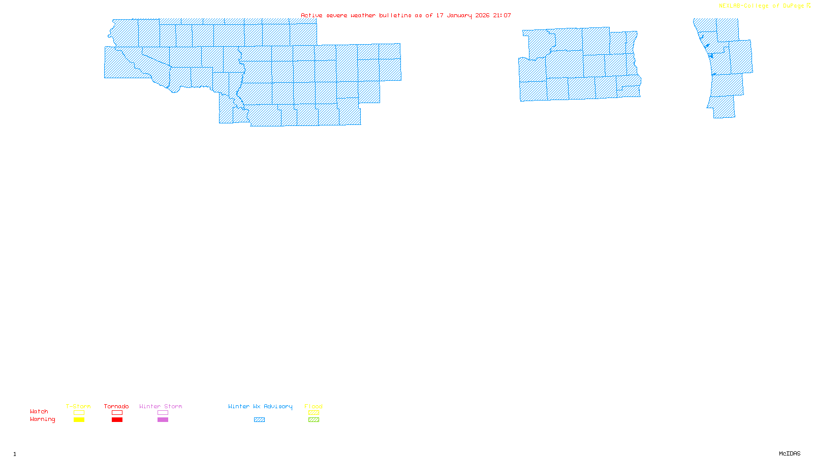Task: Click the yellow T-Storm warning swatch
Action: click(x=79, y=420)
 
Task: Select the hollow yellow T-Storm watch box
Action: click(x=79, y=413)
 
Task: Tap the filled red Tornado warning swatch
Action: click(x=117, y=420)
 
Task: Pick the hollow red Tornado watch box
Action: click(x=117, y=413)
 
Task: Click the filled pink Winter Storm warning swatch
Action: click(x=163, y=420)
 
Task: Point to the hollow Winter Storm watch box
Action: click(x=163, y=413)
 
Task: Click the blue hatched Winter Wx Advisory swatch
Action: click(x=259, y=420)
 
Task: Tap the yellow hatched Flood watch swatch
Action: click(x=314, y=413)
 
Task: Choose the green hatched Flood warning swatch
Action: click(x=314, y=420)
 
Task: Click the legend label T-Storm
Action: click(x=78, y=406)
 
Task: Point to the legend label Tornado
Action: click(x=116, y=406)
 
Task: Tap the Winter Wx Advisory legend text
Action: click(x=260, y=406)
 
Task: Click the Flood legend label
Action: click(x=314, y=406)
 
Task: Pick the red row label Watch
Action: click(x=39, y=411)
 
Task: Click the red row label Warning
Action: click(x=43, y=419)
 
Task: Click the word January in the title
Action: click(x=459, y=15)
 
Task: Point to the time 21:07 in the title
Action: click(x=502, y=15)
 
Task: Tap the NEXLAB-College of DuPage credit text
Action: click(x=762, y=6)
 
